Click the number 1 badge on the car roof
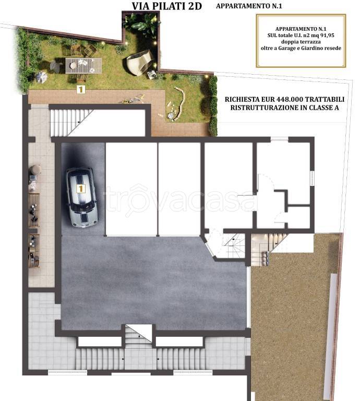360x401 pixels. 80,188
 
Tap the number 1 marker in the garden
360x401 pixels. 81,89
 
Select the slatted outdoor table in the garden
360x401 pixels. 83,66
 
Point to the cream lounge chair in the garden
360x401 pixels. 139,63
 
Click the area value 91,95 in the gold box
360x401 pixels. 327,36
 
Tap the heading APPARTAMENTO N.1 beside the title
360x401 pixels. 249,6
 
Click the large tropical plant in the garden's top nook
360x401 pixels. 142,25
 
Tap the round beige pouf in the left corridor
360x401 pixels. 35,170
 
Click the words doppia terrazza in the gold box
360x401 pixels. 301,42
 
